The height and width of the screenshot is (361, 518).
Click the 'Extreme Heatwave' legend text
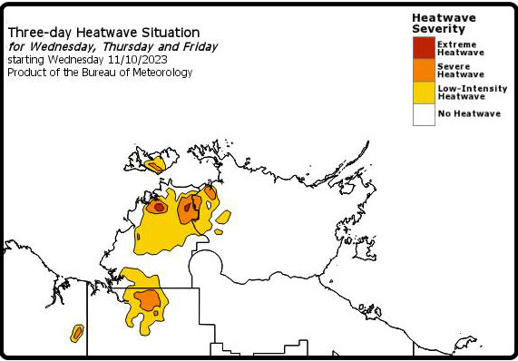[x=461, y=47]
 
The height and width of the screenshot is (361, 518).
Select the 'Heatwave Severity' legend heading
[x=445, y=23]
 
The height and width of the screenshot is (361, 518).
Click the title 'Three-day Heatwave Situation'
[x=103, y=32]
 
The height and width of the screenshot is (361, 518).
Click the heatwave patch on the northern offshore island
[x=155, y=165]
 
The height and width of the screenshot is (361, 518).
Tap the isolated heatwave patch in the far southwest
[x=77, y=333]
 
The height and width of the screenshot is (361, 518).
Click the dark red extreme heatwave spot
[x=159, y=207]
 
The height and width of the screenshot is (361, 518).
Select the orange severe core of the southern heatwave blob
[x=147, y=298]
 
